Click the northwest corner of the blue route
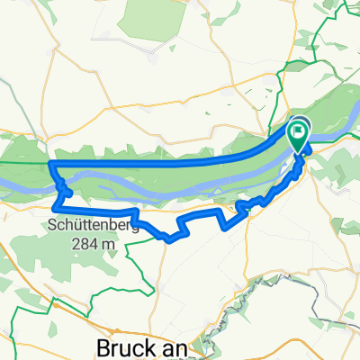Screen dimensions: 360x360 (x=50, y=164)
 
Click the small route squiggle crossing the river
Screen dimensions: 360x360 (x=64, y=189)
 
